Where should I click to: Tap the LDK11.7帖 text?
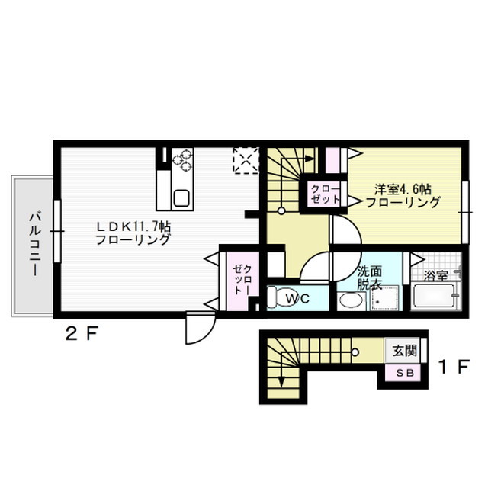tap(133, 226)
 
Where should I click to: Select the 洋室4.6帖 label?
tap(403, 188)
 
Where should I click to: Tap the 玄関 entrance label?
tap(405, 352)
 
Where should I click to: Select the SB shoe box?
tap(404, 372)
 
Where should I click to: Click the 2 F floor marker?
tap(79, 332)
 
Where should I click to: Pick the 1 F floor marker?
tap(453, 366)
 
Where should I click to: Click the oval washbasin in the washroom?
tap(351, 300)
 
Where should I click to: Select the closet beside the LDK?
tap(241, 278)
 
